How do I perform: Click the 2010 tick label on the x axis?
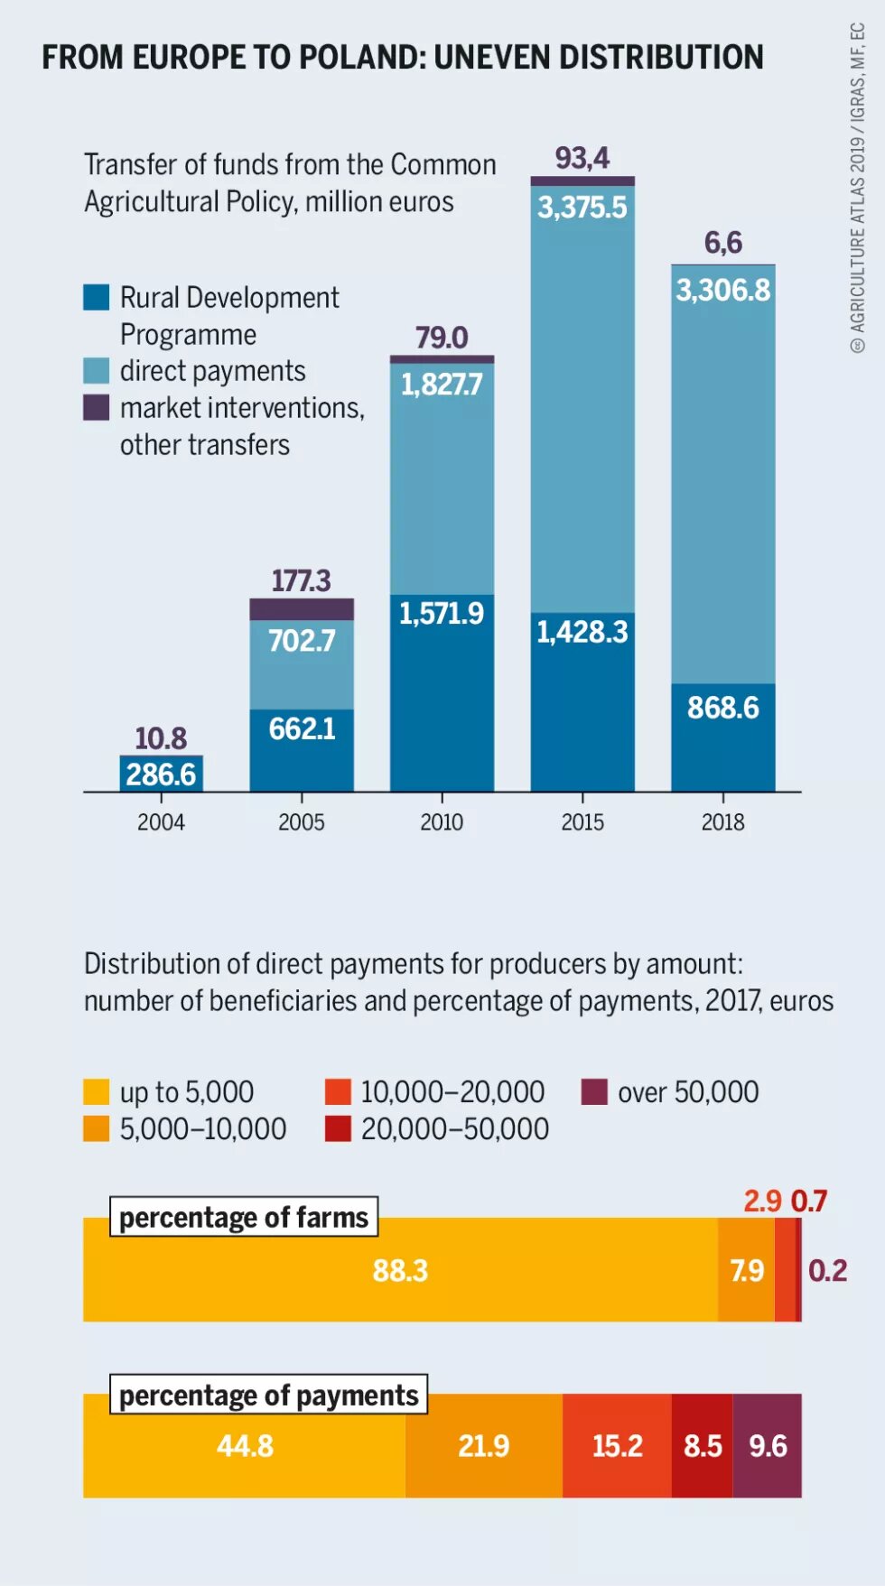[442, 822]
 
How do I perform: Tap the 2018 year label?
[723, 822]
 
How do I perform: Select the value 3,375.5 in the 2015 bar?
[582, 208]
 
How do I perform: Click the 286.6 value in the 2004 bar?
[161, 774]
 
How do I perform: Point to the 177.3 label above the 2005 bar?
[302, 580]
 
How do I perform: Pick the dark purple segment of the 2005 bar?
[302, 609]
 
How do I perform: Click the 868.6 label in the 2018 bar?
[723, 708]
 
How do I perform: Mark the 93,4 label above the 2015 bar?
[582, 158]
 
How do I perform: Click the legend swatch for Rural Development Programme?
[97, 298]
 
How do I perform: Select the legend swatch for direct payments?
[97, 371]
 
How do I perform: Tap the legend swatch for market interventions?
[97, 408]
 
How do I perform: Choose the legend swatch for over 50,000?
[594, 1092]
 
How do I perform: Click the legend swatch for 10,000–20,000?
[338, 1092]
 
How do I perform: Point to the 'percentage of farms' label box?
[244, 1217]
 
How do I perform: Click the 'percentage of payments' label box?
[268, 1395]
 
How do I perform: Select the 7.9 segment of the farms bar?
[747, 1270]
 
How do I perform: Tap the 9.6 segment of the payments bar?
[768, 1446]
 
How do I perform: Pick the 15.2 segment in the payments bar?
[618, 1446]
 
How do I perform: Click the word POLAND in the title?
[361, 57]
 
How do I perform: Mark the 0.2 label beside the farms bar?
[827, 1270]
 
